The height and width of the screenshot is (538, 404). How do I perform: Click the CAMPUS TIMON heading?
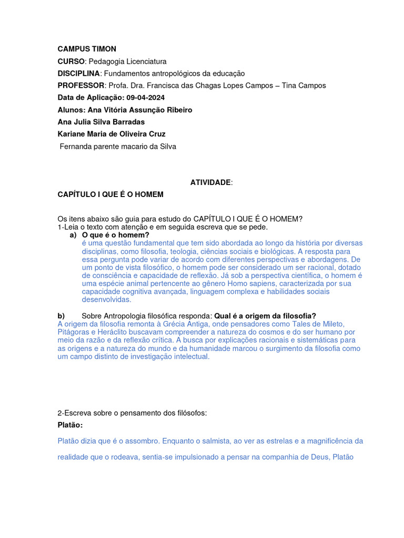coord(87,49)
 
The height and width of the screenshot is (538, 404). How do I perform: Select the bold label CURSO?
coord(71,61)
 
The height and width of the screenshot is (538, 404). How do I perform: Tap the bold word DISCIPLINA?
coord(78,74)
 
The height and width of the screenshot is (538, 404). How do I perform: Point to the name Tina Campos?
coord(304,86)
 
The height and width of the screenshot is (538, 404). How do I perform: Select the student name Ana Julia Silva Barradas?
coord(101,122)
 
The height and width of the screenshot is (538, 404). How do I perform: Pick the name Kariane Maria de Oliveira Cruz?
coord(112,134)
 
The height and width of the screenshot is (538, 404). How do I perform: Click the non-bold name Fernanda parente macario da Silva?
coord(118,147)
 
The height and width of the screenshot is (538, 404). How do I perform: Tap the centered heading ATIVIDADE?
coord(210,182)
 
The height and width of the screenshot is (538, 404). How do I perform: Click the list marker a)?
coord(74,235)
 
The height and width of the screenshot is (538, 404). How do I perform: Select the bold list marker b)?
coord(61,316)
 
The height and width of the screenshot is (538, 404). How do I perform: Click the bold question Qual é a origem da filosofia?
coord(265,316)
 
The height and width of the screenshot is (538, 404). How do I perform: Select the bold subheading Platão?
coord(70,425)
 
